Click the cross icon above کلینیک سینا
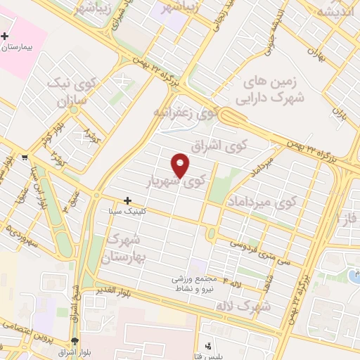pyautogui.click(x=127, y=201)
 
